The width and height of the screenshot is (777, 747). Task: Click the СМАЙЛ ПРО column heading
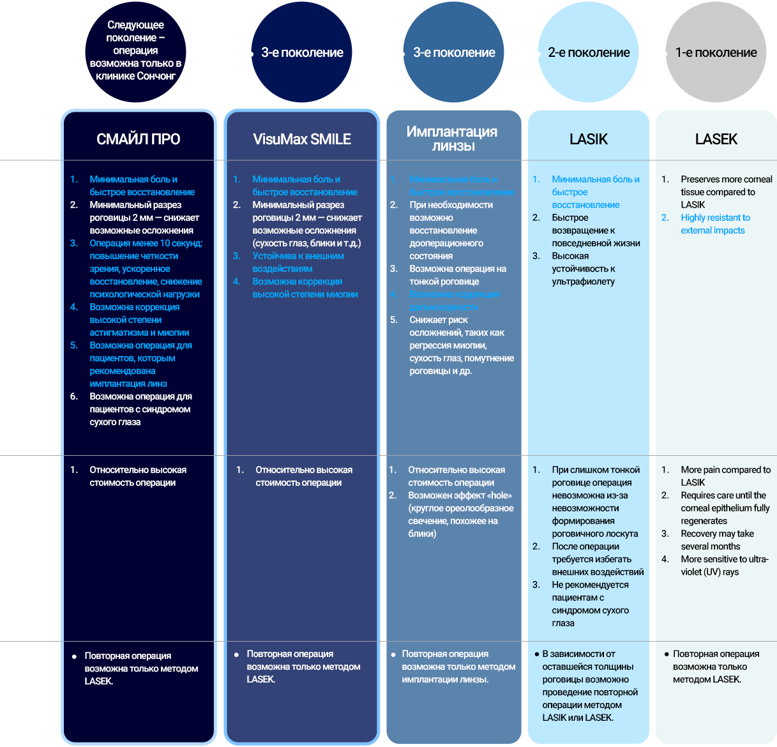pyautogui.click(x=138, y=139)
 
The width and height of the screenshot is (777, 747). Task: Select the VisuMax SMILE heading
pyautogui.click(x=302, y=139)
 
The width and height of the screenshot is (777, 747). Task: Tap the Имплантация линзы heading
pyautogui.click(x=453, y=139)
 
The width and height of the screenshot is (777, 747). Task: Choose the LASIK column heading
pyautogui.click(x=588, y=139)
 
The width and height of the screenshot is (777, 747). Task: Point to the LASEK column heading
pyautogui.click(x=716, y=139)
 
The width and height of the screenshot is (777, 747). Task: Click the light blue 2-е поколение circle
pyautogui.click(x=588, y=52)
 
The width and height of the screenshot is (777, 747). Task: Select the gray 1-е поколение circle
pyautogui.click(x=716, y=52)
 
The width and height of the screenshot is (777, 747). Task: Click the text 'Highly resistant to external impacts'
pyautogui.click(x=715, y=224)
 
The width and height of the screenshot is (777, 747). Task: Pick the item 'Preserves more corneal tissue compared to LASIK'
pyautogui.click(x=726, y=192)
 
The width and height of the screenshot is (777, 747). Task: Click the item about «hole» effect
pyautogui.click(x=460, y=515)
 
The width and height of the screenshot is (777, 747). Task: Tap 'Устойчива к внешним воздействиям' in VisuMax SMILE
pyautogui.click(x=298, y=262)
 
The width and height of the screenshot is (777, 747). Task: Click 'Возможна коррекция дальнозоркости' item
pyautogui.click(x=454, y=301)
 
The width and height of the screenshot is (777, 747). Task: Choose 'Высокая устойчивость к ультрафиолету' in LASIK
pyautogui.click(x=583, y=269)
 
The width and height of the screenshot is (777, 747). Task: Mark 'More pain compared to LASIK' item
pyautogui.click(x=725, y=476)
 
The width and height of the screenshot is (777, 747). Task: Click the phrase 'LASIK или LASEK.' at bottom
pyautogui.click(x=578, y=718)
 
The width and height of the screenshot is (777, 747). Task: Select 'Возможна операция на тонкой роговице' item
pyautogui.click(x=457, y=275)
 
